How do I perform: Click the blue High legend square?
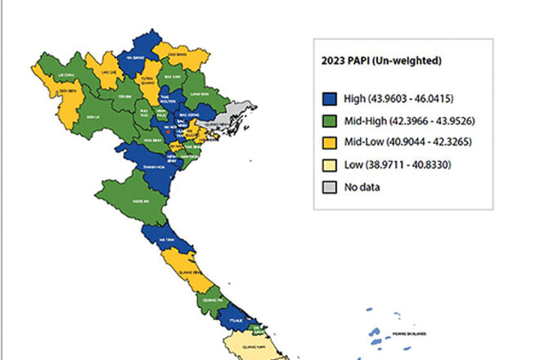(x=331, y=98)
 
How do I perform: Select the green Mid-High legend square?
(x=331, y=121)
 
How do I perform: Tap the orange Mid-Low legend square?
(x=331, y=143)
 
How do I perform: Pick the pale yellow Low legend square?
(x=331, y=165)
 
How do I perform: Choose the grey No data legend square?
(x=331, y=187)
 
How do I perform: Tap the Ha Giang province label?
(x=136, y=58)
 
